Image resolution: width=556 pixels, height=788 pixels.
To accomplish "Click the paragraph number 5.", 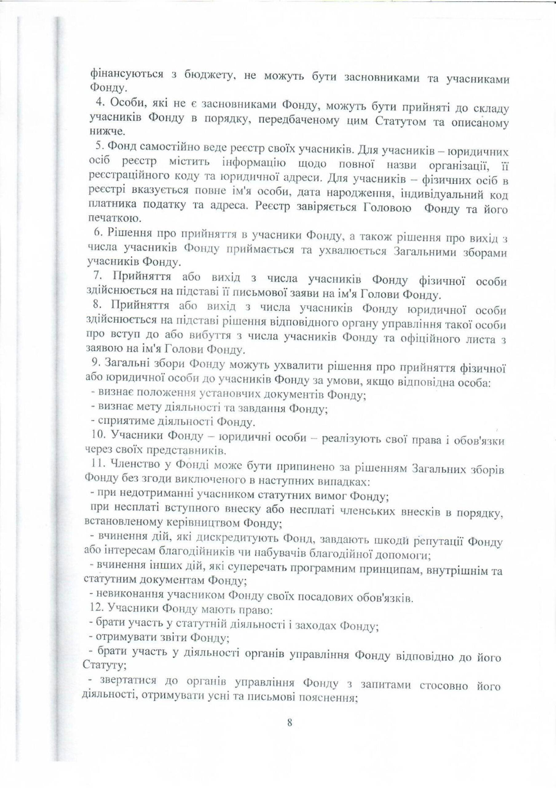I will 99,146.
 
